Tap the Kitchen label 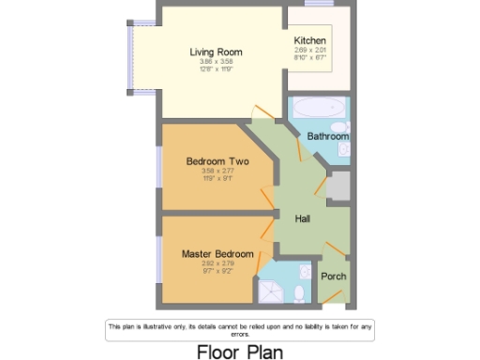[309, 40]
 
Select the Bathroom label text [328, 136]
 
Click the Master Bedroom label [217, 253]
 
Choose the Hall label [303, 218]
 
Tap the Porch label [333, 276]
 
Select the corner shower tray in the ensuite [273, 289]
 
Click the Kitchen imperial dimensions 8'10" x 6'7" [309, 56]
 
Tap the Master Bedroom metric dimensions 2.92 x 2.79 [217, 263]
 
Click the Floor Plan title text [239, 351]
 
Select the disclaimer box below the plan [239, 328]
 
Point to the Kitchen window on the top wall [319, 4]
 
